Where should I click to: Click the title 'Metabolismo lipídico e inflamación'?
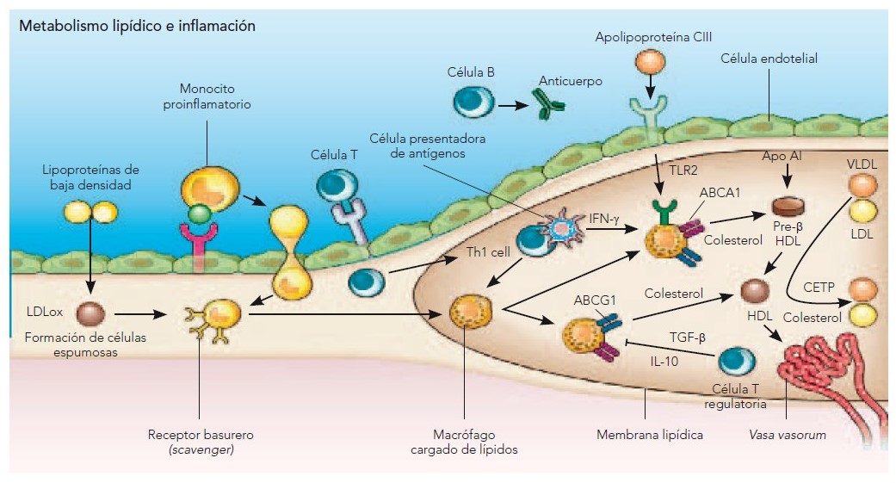[x=137, y=26]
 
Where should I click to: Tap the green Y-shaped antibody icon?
[x=547, y=105]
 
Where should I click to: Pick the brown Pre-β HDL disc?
[x=788, y=207]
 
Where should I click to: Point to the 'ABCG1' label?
[x=593, y=301]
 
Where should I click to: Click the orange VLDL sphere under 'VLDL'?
[x=863, y=186]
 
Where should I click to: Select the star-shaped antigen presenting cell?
[x=561, y=226]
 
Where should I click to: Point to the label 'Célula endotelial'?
[x=769, y=59]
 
